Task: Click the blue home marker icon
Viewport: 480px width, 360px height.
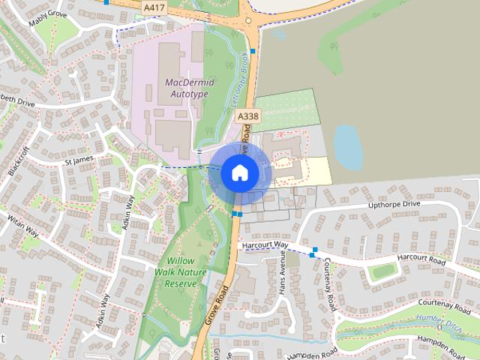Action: [239, 172]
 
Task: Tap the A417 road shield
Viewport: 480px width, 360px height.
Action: [153, 7]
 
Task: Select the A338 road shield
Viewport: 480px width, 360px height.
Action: [247, 116]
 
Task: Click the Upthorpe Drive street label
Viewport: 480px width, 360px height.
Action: [394, 204]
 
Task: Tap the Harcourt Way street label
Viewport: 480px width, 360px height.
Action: [264, 244]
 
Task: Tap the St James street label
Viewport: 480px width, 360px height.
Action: [79, 160]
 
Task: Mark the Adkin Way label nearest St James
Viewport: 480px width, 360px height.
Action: [128, 214]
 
